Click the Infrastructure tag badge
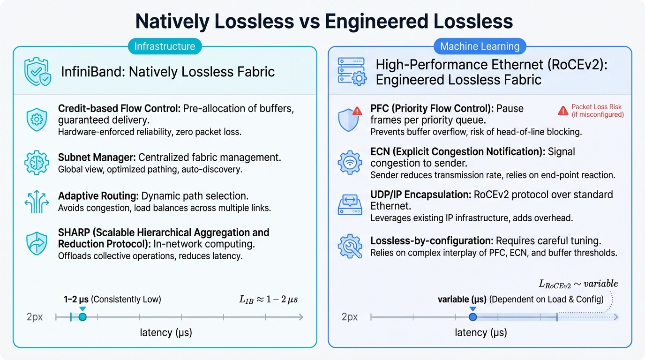(165, 46)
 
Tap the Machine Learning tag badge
(480, 46)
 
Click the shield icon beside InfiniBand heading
(37, 72)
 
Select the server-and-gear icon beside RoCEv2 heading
(352, 72)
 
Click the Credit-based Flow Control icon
(37, 120)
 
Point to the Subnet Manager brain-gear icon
(37, 163)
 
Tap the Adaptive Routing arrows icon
(37, 202)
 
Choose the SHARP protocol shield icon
(37, 243)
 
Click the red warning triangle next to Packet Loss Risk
(563, 111)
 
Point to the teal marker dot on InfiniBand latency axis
(82, 317)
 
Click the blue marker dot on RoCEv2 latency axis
(472, 317)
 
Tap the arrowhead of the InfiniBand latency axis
(301, 317)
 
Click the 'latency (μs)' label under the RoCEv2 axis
(481, 333)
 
